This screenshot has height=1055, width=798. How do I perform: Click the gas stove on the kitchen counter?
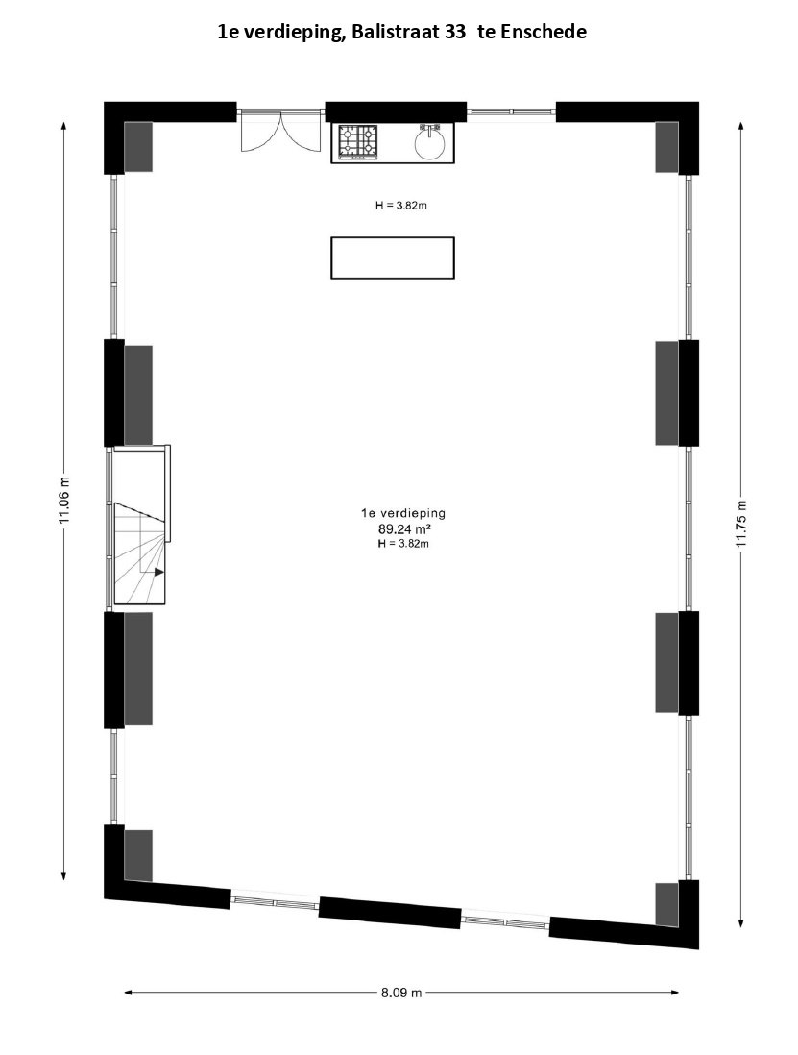(x=357, y=142)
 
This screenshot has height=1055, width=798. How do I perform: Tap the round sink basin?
(x=429, y=142)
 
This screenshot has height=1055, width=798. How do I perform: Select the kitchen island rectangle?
(x=393, y=258)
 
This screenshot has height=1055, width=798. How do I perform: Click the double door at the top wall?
(x=279, y=132)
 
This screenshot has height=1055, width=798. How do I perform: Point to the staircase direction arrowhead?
(x=159, y=572)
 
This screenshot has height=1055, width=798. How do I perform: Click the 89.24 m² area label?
(x=403, y=528)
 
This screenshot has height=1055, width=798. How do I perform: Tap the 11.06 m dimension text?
(x=64, y=500)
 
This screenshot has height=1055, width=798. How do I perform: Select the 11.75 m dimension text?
(x=741, y=524)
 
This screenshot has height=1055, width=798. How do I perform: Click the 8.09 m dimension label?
(x=401, y=993)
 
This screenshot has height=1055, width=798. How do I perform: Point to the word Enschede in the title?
(x=542, y=32)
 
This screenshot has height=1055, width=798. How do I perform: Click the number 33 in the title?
(x=455, y=32)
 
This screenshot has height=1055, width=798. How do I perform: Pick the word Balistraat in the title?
(x=395, y=32)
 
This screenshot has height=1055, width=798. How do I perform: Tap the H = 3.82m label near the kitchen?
(x=401, y=206)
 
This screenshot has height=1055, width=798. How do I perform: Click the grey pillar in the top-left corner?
(x=138, y=147)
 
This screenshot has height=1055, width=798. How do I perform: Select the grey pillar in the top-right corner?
(x=666, y=147)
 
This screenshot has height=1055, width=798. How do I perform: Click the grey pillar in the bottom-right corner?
(x=666, y=903)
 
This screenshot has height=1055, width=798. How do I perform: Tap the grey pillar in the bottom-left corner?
(x=138, y=855)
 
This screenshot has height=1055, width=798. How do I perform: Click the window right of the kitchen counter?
(x=512, y=111)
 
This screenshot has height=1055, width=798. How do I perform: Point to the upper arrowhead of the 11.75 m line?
(x=741, y=127)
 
